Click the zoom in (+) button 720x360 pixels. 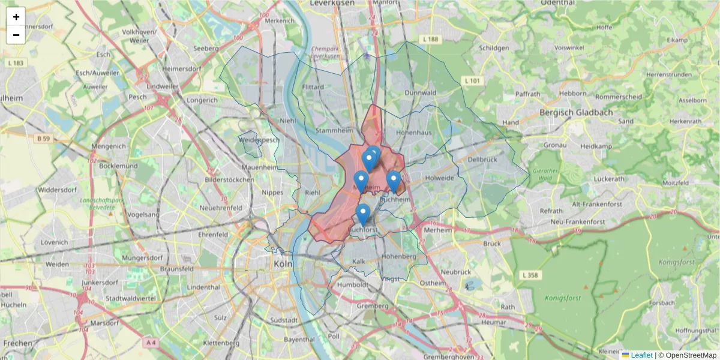16,17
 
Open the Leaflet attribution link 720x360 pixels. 641,355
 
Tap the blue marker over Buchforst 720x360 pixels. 363,214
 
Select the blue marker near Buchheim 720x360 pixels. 393,181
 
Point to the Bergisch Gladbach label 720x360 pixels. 575,112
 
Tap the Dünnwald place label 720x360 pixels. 420,93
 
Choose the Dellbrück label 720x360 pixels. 482,160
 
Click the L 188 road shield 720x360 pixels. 430,39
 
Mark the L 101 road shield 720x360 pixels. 472,80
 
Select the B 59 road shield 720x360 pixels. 41,139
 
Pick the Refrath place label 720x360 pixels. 551,211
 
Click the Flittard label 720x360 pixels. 313,87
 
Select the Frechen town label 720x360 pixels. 17,343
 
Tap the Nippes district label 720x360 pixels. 273,193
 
